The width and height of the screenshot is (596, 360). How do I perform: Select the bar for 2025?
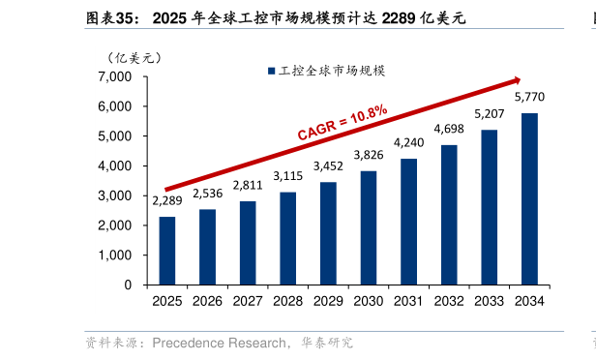coord(167,251)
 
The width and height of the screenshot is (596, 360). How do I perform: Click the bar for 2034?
coord(529,198)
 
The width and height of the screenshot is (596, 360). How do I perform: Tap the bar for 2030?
coord(369,227)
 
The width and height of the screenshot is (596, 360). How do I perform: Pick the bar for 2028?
coord(288,238)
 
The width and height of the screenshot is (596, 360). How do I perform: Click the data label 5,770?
coord(529,98)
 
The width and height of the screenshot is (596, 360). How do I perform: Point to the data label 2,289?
coord(167,201)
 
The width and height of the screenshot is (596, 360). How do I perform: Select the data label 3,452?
coord(328,165)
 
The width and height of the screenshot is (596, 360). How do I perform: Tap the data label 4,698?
coord(449,129)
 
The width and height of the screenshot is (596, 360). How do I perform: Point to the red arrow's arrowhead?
coord(517,79)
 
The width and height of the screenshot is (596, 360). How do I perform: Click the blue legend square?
coord(271,71)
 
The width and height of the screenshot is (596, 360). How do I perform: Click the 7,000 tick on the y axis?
coord(115,76)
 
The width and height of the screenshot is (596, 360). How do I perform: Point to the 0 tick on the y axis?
coord(128,285)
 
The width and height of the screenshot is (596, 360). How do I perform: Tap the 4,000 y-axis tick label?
coord(115,166)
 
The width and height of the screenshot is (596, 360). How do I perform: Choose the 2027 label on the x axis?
coord(248,302)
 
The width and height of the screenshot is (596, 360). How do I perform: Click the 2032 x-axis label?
coord(449,302)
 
